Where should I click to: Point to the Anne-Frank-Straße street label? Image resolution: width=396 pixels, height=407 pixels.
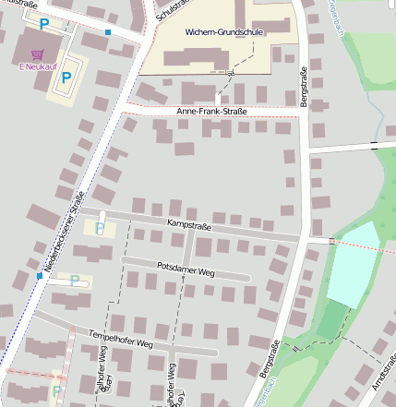click(x=212, y=112)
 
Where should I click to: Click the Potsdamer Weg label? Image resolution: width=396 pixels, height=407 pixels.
click(x=186, y=271)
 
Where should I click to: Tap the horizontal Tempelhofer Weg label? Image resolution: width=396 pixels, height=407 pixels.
click(x=119, y=339)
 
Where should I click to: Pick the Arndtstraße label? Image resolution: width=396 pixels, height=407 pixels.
click(x=382, y=373)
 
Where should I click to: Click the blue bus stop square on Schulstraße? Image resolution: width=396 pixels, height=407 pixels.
click(x=108, y=32)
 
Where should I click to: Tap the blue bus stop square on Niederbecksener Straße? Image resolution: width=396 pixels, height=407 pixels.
click(x=39, y=275)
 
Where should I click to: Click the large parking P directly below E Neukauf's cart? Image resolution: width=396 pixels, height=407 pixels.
click(x=66, y=78)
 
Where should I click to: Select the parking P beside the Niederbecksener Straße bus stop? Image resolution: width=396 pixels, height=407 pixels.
click(x=75, y=281)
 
